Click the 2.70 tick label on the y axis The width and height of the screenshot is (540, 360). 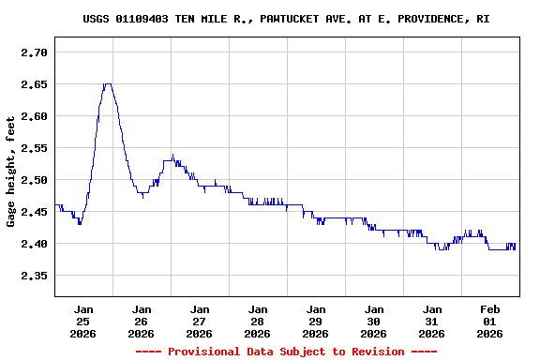click(x=34, y=52)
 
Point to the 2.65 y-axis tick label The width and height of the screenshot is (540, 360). click(x=34, y=84)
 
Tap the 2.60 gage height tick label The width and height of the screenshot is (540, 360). click(x=34, y=116)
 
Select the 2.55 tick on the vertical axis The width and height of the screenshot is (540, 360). click(x=34, y=148)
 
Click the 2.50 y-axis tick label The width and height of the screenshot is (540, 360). click(x=34, y=180)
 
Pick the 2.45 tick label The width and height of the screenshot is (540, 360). click(x=34, y=212)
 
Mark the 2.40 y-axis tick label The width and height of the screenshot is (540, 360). click(x=34, y=244)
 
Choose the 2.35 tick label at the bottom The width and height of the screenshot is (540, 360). click(x=34, y=276)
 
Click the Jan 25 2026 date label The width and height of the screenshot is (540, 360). click(x=83, y=321)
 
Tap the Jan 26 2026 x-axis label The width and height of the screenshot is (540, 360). click(x=142, y=321)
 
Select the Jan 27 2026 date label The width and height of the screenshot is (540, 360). click(x=200, y=321)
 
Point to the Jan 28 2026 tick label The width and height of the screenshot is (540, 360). click(x=258, y=321)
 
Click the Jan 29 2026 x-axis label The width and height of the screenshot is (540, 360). click(x=316, y=321)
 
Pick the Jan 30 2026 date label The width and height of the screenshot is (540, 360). click(x=374, y=321)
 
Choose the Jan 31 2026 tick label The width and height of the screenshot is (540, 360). click(x=432, y=321)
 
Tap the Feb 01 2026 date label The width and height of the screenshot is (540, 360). click(x=490, y=321)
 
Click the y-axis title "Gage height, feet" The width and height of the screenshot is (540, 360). click(x=11, y=172)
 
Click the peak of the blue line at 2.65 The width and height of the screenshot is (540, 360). click(x=108, y=84)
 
